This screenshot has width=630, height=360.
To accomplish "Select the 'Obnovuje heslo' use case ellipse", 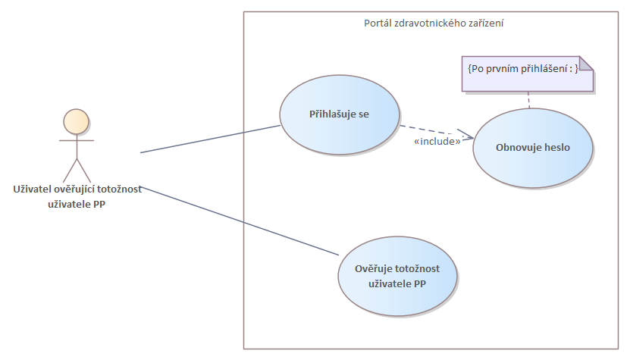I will pyautogui.click(x=532, y=148).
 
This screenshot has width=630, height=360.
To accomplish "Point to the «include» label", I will pyautogui.click(x=437, y=141).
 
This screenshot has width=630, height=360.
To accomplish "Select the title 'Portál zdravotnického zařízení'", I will pyautogui.click(x=434, y=23).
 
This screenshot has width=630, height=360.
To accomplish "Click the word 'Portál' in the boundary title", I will pyautogui.click(x=378, y=23).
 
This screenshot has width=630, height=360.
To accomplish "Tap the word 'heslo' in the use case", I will pyautogui.click(x=555, y=148).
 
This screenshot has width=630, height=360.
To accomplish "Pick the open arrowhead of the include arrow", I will pyautogui.click(x=468, y=136).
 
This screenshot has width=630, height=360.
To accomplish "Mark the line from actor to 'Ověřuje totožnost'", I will pyautogui.click(x=243, y=221).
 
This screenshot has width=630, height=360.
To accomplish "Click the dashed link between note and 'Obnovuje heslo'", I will pyautogui.click(x=528, y=99).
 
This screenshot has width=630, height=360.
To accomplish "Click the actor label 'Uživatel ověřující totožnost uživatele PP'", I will pyautogui.click(x=77, y=196).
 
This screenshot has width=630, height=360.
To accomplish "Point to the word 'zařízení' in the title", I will pyautogui.click(x=486, y=23).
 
